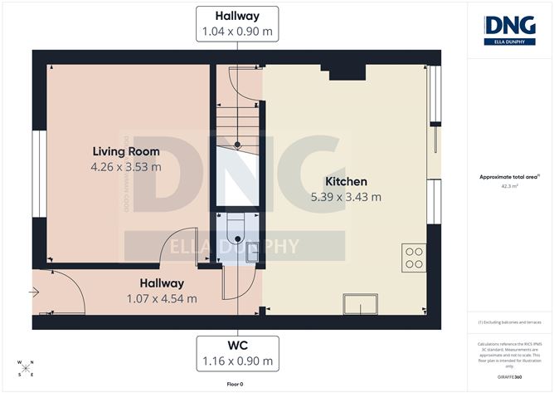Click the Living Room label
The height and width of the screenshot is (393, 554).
(126, 151)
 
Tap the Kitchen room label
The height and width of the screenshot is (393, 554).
(346, 182)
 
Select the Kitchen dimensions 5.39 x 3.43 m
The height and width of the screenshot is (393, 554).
(346, 197)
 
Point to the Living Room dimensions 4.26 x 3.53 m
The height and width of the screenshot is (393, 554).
(126, 166)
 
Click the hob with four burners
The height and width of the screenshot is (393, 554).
(414, 257)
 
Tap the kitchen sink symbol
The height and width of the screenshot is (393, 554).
(363, 303)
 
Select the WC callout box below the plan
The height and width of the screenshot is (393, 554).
(236, 354)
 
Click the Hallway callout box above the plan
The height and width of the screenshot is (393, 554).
(236, 23)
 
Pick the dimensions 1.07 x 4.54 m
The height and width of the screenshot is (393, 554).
(161, 298)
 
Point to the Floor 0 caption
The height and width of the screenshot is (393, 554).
(236, 384)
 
